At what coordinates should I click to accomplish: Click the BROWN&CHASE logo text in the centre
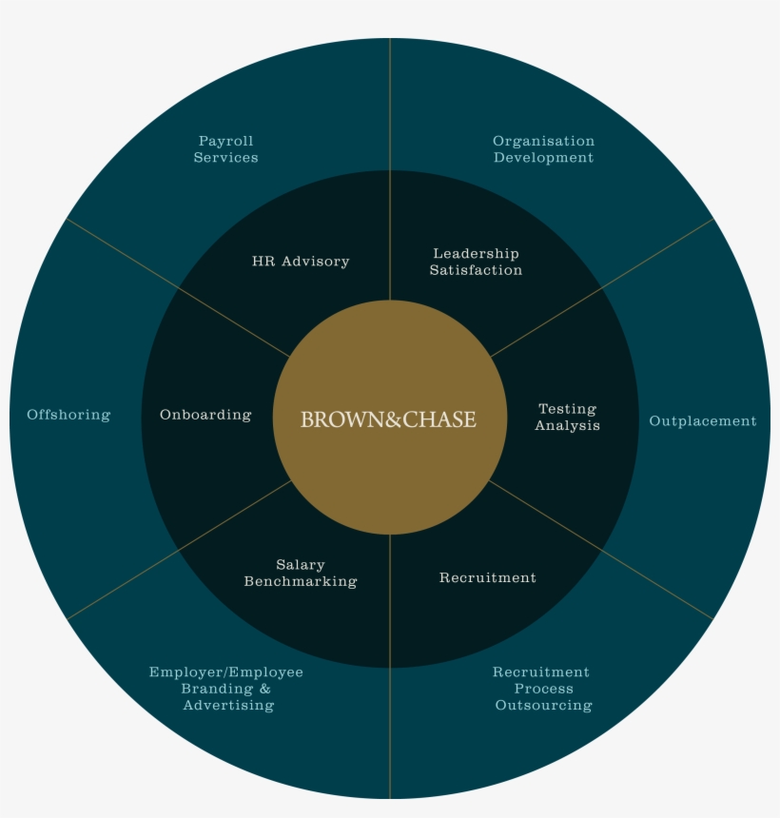coord(388,419)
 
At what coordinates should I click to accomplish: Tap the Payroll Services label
coord(225,149)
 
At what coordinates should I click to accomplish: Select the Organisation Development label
coord(544,149)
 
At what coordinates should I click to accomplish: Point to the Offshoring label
coord(68,415)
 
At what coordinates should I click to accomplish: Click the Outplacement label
coord(703,421)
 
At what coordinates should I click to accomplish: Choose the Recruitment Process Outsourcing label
coord(542,689)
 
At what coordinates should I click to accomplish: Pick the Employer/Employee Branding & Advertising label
coord(225,689)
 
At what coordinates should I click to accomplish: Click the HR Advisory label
coord(301,262)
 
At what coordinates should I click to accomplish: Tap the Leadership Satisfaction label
coord(476,262)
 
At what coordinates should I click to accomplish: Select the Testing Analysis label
coord(567,417)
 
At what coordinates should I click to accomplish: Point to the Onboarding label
coord(205,415)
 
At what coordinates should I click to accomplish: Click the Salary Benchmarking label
coord(301,573)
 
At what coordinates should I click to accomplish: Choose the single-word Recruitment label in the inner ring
coord(488,577)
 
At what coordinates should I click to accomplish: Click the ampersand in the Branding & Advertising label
coord(265,689)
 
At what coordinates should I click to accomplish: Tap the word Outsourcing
coord(544,706)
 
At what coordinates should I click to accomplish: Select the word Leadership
coord(476,254)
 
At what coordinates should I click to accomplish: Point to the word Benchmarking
coord(301,581)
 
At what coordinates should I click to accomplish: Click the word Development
coord(544,158)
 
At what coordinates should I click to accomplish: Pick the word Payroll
coord(225,142)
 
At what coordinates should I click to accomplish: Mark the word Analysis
coord(567,425)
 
